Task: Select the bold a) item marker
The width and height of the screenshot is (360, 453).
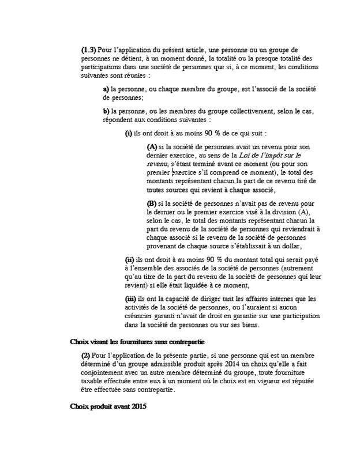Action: [106, 90]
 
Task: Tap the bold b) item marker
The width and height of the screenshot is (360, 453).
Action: [106, 111]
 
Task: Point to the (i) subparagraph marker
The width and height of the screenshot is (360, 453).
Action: [128, 133]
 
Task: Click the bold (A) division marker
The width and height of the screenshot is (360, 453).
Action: [152, 146]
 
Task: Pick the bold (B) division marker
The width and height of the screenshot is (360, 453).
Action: [152, 203]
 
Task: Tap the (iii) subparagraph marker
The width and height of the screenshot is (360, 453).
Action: [130, 299]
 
